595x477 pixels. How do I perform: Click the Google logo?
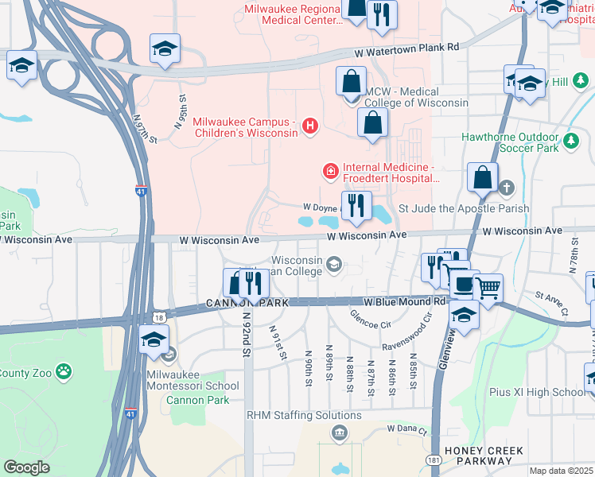(x=26, y=467)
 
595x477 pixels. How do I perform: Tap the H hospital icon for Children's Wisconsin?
(x=309, y=126)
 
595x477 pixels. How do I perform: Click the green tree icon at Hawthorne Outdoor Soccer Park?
(x=570, y=142)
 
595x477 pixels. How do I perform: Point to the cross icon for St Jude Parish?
(x=507, y=188)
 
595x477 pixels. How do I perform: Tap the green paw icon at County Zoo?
(x=64, y=371)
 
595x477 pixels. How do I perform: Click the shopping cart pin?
(x=488, y=287)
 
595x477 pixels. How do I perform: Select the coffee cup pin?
(x=462, y=282)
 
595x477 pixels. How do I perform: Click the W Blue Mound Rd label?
(x=404, y=302)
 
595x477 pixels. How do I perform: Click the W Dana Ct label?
(x=407, y=429)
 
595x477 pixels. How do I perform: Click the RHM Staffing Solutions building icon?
(x=339, y=432)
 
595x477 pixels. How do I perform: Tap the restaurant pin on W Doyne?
(x=356, y=205)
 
